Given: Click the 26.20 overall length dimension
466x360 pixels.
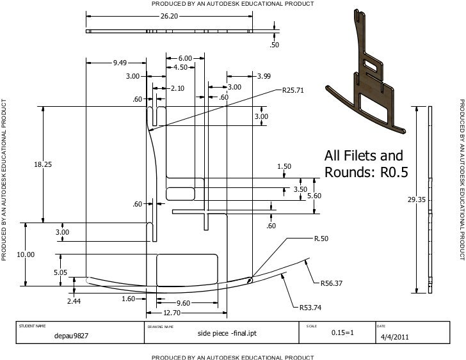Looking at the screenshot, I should coord(169,16).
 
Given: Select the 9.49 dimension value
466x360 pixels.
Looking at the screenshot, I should coord(120,63).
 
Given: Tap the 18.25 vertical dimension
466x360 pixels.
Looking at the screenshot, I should coord(43,164).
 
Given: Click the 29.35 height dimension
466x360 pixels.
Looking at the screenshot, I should coord(416,200).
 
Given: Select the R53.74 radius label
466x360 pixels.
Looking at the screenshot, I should coord(310,308).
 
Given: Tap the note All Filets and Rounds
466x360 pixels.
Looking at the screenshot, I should coord(364,164).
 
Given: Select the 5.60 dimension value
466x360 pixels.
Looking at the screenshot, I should coord(314,196).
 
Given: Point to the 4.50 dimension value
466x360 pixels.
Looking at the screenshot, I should coord(180,67).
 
